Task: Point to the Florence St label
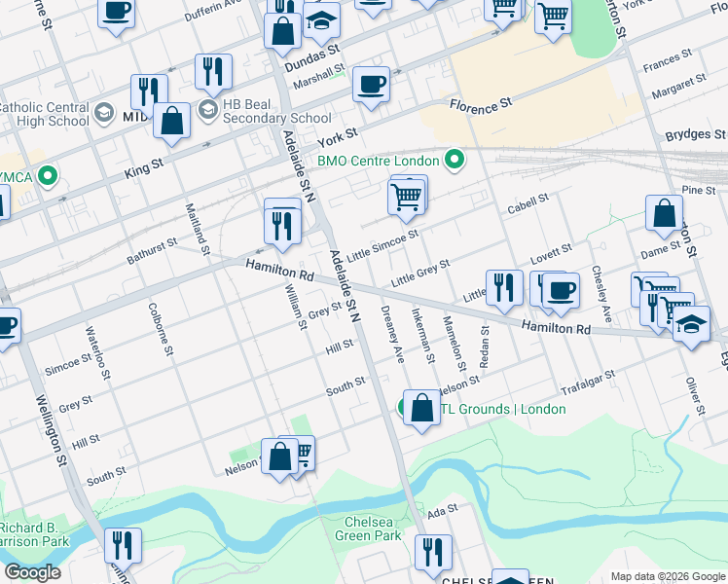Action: point(479,103)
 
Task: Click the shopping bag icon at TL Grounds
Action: point(422,408)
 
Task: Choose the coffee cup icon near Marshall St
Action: point(371,84)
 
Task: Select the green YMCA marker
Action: point(45,176)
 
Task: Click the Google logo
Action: point(32,572)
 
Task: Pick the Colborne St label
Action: point(161,329)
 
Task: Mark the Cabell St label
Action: point(528,208)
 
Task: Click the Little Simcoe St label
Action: point(384,243)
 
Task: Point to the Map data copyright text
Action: point(668,575)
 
